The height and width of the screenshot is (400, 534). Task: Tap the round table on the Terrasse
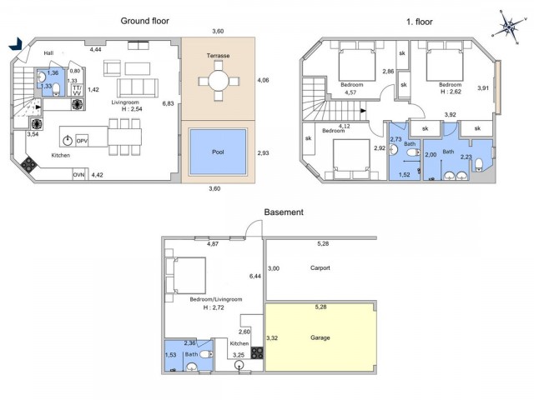(217, 81)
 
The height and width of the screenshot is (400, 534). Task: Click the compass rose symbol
(508, 27)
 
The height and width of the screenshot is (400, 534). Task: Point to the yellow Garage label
(320, 337)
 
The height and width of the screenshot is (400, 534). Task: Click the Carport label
(320, 267)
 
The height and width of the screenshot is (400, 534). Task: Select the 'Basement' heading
(284, 212)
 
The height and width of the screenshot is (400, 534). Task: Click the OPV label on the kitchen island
(82, 141)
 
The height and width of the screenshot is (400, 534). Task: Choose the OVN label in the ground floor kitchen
(79, 175)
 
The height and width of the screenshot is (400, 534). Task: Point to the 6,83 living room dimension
(168, 103)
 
